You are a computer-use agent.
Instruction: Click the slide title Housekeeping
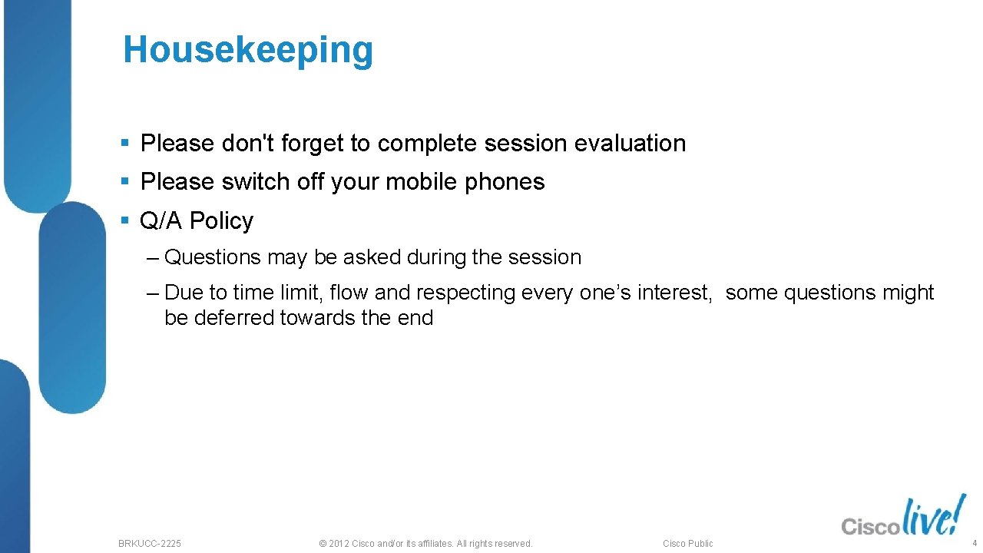pos(248,51)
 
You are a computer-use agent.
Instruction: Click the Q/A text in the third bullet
pos(161,221)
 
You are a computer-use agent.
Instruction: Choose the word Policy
pos(221,221)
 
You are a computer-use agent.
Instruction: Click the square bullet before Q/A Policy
pos(126,221)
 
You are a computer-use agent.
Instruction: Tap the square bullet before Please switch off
pos(126,182)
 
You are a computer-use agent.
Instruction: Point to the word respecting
pos(465,293)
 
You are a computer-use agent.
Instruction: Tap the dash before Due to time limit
pos(151,293)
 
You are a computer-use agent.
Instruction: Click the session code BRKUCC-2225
pos(150,544)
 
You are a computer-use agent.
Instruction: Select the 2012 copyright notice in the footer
pos(425,544)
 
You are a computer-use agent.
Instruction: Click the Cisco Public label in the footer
pos(687,544)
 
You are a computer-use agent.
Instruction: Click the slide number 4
pos(974,543)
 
